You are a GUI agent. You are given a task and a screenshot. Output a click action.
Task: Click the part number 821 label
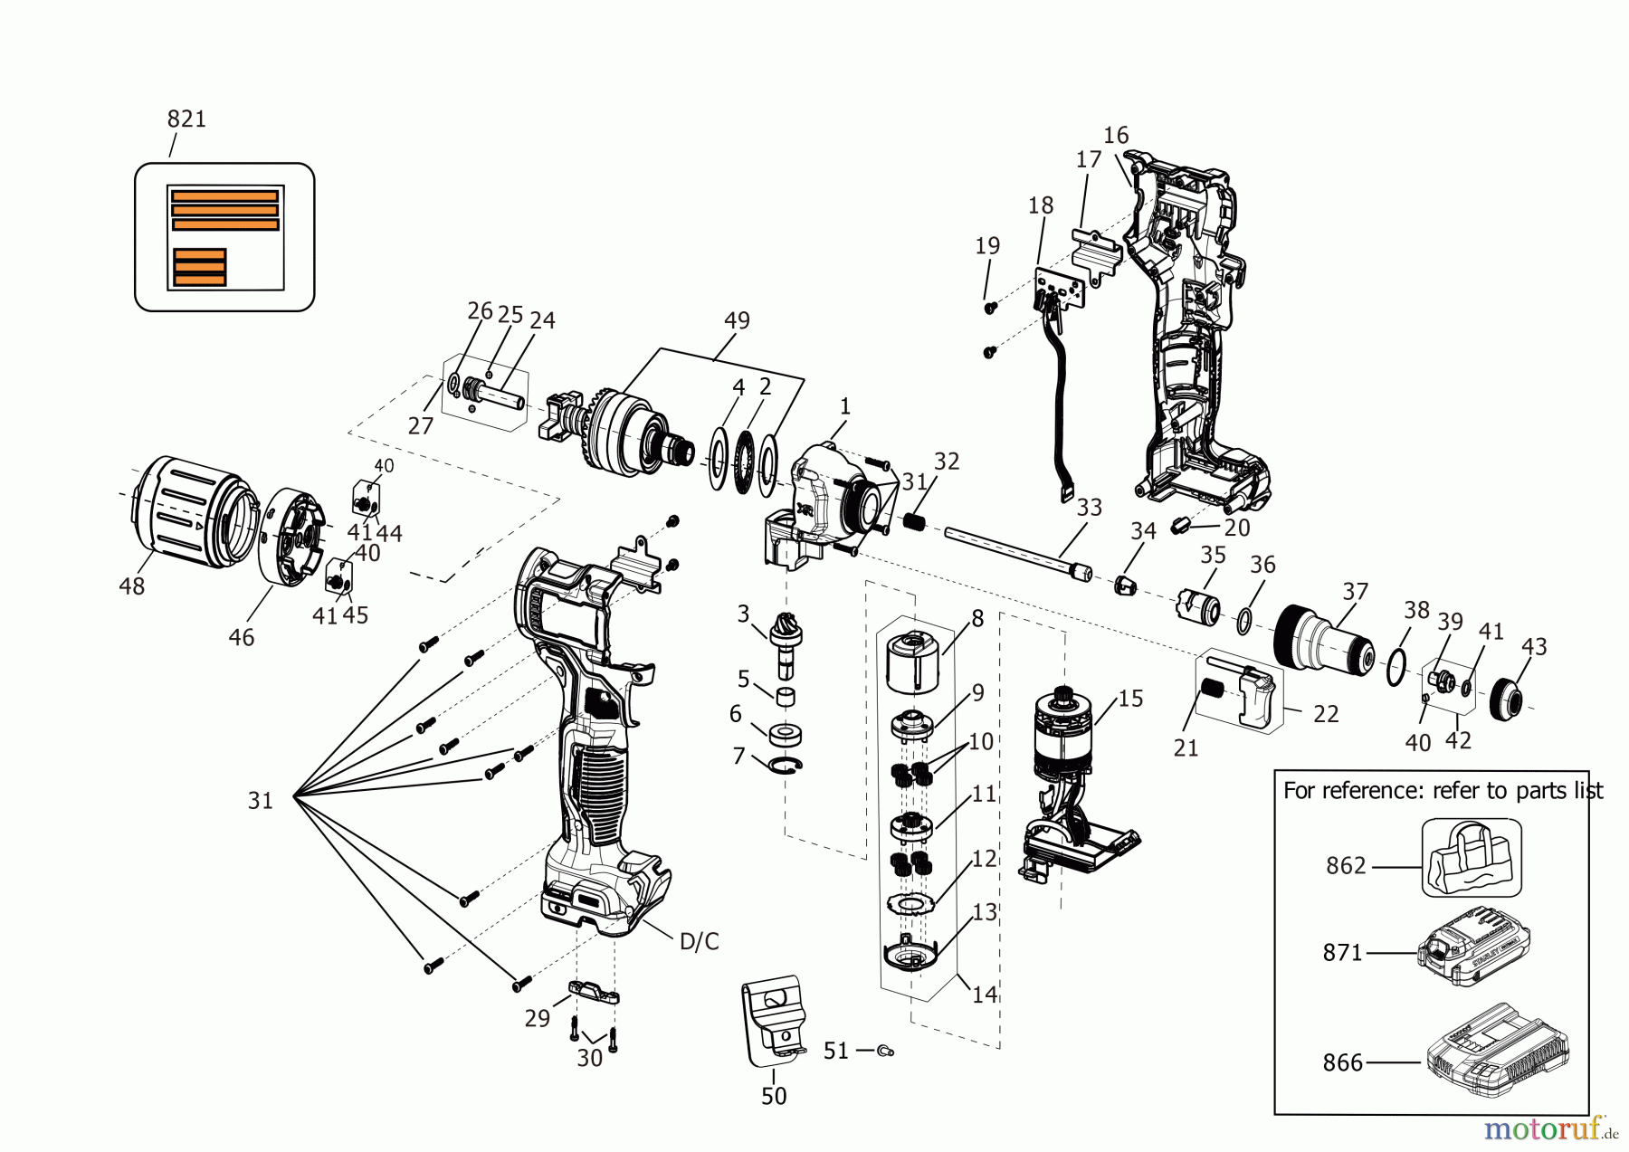click(186, 119)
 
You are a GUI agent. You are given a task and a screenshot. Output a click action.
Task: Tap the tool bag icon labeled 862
click(1471, 858)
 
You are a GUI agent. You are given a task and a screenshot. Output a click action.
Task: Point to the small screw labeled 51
click(885, 1051)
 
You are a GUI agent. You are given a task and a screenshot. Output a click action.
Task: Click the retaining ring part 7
click(786, 766)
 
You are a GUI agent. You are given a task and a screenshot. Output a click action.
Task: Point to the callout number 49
click(737, 320)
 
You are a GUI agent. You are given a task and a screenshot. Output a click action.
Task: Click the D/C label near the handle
click(699, 942)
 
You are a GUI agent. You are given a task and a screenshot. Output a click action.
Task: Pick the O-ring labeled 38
click(1396, 668)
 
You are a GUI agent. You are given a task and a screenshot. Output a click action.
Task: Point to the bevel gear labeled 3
click(784, 632)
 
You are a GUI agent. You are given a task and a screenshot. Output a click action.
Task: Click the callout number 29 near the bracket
click(537, 1018)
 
